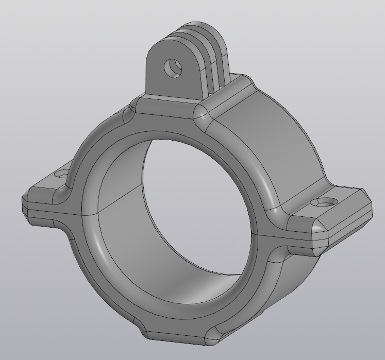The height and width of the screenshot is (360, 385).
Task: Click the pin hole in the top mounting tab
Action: (173, 67)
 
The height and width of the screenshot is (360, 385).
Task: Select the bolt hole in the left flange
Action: (62, 175)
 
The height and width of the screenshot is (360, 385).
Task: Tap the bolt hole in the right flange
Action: (326, 202)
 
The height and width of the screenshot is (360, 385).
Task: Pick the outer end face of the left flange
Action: (25, 205)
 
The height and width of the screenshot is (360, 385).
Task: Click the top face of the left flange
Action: (49, 183)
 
